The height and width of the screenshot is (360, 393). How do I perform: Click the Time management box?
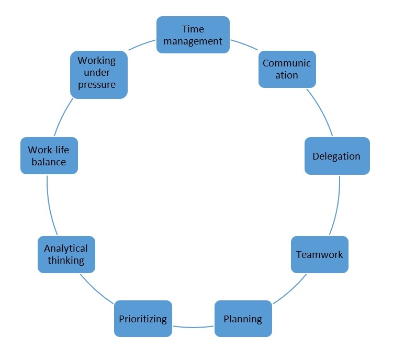[x=193, y=35]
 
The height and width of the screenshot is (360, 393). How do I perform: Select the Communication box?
[x=287, y=69]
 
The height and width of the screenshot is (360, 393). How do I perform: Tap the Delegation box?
[x=337, y=156]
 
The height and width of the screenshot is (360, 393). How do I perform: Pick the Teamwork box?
[x=320, y=255]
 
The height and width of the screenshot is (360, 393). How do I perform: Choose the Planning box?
[x=243, y=318]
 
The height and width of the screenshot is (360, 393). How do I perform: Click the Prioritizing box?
[x=143, y=318]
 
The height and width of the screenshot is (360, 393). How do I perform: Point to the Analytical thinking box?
[x=66, y=254]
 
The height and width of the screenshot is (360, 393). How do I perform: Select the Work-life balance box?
[x=49, y=155]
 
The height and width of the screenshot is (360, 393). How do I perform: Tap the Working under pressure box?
[x=99, y=74]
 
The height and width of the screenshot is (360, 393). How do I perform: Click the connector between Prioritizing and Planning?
[x=193, y=328]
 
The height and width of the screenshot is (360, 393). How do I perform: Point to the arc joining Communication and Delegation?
[x=320, y=112]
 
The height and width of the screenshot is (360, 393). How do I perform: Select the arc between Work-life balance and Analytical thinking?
[x=50, y=206]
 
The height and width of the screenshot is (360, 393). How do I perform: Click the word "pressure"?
[x=97, y=84]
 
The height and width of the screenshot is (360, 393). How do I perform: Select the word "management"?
[x=193, y=40]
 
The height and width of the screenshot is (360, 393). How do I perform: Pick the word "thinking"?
[x=66, y=260]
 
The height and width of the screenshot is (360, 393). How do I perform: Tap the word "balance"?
[x=49, y=162]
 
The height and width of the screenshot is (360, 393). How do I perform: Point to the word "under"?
[x=97, y=72]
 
